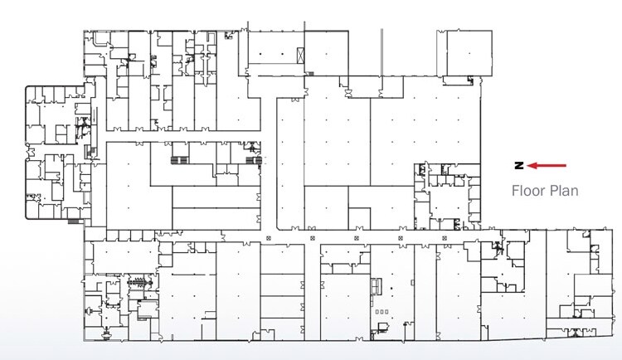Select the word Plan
(562, 190)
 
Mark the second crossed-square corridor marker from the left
(312, 239)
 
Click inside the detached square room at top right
(460, 55)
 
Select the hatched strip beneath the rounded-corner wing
(75, 221)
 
